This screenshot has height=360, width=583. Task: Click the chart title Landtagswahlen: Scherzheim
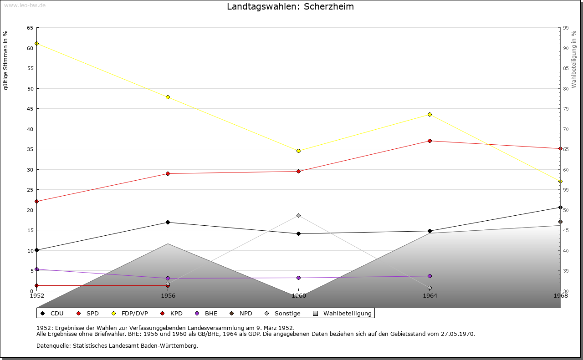(x=290, y=7)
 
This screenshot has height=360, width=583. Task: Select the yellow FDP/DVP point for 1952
(x=36, y=43)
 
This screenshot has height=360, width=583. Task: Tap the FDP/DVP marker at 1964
(x=430, y=114)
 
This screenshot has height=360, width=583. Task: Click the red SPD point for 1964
(x=430, y=141)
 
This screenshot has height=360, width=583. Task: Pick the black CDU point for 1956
(x=168, y=222)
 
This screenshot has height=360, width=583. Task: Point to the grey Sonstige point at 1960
(x=298, y=215)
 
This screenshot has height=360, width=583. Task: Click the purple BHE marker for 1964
(x=430, y=276)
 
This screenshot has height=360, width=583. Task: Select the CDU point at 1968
(x=560, y=208)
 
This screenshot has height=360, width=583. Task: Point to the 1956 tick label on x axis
(x=168, y=295)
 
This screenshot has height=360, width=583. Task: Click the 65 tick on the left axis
(x=30, y=28)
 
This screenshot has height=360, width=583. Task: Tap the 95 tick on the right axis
(x=566, y=28)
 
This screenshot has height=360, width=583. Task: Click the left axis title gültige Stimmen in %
(x=6, y=61)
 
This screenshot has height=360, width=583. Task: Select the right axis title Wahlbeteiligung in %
(x=574, y=60)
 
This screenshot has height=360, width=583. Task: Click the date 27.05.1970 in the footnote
(x=457, y=334)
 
